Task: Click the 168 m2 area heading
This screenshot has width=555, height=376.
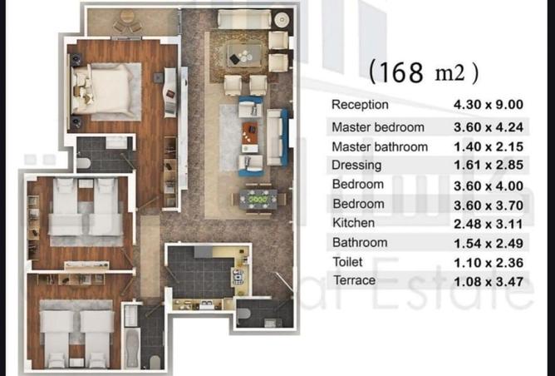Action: coord(424,72)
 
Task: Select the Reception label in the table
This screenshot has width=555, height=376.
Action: coord(360,105)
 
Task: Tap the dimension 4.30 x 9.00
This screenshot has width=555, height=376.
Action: coord(489,105)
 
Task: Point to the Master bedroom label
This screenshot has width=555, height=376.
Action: coord(378,127)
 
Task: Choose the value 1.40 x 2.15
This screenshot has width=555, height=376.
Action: coord(489,146)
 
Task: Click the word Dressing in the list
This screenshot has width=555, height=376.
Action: coord(356,166)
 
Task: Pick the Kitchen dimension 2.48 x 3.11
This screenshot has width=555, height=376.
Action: coord(489,224)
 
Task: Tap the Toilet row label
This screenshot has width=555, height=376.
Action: coord(347,262)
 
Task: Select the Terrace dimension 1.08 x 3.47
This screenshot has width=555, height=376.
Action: coord(489,282)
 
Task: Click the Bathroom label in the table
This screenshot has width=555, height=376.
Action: coord(360,243)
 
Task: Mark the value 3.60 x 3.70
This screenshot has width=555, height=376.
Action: coord(489,205)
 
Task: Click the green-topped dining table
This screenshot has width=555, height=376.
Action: coord(258,199)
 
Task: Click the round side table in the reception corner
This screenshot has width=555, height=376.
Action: coord(282,20)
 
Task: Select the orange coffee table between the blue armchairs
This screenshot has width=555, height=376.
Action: coord(250,132)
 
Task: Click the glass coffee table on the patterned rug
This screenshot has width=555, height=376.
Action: coord(244,55)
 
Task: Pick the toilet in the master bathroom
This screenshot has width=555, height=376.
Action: coord(84,163)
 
